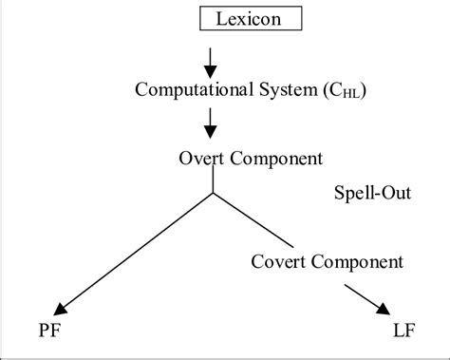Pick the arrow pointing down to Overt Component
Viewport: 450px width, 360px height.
coord(212,123)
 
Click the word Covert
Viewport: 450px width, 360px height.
coord(280,260)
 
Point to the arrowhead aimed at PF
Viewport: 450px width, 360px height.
coord(62,307)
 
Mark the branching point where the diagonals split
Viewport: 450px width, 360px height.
coord(213,194)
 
